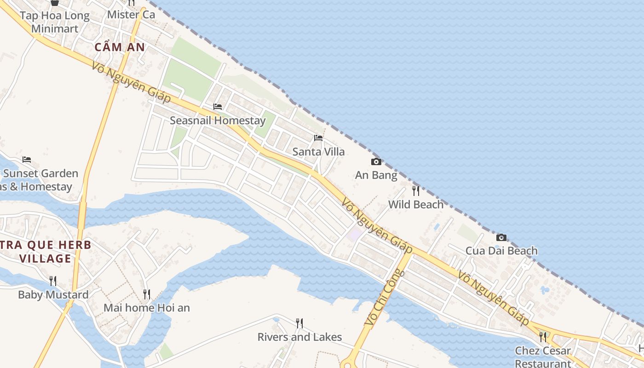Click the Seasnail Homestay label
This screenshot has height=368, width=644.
pyautogui.click(x=218, y=121)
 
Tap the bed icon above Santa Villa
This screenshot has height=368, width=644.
pyautogui.click(x=318, y=138)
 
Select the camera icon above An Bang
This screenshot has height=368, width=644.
pyautogui.click(x=376, y=161)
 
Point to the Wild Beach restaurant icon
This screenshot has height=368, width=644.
pyautogui.click(x=416, y=190)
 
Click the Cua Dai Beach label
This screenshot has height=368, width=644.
pyautogui.click(x=501, y=251)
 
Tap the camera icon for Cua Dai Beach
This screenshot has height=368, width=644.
pyautogui.click(x=501, y=237)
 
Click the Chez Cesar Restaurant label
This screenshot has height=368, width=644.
pyautogui.click(x=543, y=356)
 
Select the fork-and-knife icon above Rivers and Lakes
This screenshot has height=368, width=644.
pyautogui.click(x=299, y=323)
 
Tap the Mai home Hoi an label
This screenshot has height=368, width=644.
pyautogui.click(x=147, y=308)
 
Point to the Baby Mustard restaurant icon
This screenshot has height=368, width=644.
pyautogui.click(x=53, y=281)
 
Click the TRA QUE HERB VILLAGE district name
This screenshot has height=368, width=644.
pyautogui.click(x=46, y=252)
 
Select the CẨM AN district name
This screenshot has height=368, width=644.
pyautogui.click(x=120, y=47)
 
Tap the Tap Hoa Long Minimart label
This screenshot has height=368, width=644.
pyautogui.click(x=55, y=22)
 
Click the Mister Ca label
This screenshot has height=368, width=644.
pyautogui.click(x=131, y=15)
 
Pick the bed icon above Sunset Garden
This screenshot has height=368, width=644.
pyautogui.click(x=27, y=160)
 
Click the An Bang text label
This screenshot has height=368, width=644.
pyautogui.click(x=376, y=175)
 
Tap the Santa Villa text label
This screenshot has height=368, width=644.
pyautogui.click(x=318, y=151)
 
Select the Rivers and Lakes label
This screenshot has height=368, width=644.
pyautogui.click(x=299, y=337)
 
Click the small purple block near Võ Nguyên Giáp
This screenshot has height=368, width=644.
pyautogui.click(x=355, y=235)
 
